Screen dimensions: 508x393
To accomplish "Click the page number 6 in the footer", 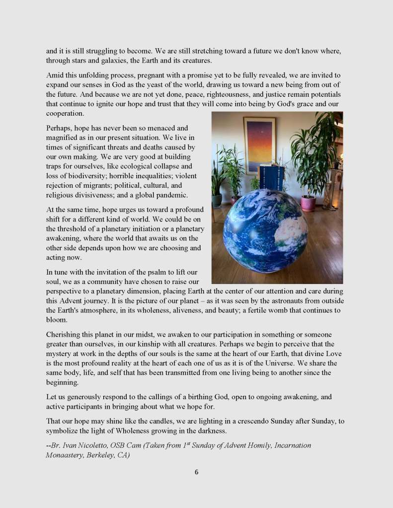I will coord(196,472).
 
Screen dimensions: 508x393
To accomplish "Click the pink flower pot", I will coord(308,203).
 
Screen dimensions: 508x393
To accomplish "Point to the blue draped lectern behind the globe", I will coord(272,177).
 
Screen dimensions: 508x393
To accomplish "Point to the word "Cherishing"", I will coord(64,335).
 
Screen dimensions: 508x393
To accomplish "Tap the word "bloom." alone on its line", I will coord(56,320).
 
